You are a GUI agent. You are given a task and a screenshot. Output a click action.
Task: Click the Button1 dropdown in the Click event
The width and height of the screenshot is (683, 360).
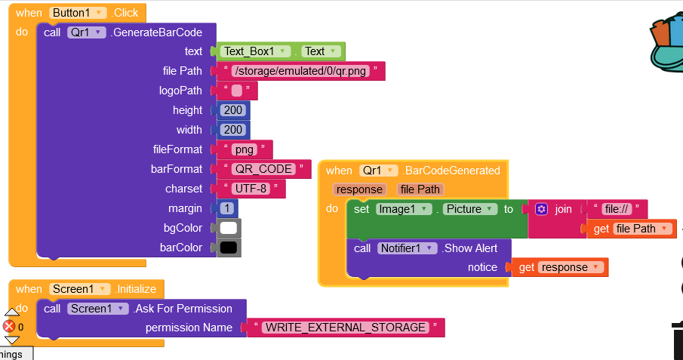click(x=78, y=13)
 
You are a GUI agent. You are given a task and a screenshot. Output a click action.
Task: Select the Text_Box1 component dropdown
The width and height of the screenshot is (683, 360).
click(x=257, y=51)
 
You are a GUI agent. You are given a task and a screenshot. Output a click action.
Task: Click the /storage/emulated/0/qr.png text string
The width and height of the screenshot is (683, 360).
click(x=300, y=71)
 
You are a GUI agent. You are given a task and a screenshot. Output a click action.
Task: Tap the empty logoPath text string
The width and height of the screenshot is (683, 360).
click(x=237, y=91)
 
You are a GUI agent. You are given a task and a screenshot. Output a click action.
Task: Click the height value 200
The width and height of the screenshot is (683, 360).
click(x=233, y=110)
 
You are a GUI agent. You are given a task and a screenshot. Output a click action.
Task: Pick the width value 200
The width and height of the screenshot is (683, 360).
click(x=233, y=130)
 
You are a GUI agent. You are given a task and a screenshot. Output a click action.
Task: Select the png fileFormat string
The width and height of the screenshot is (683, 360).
click(x=245, y=149)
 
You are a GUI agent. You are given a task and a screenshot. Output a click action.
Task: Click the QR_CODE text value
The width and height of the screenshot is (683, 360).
click(x=262, y=169)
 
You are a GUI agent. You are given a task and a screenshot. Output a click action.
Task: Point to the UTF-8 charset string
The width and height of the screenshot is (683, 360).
click(x=250, y=189)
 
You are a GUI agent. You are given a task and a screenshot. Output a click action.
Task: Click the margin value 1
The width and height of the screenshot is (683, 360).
click(x=226, y=208)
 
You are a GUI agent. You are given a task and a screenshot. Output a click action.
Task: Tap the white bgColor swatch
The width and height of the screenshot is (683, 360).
click(x=229, y=228)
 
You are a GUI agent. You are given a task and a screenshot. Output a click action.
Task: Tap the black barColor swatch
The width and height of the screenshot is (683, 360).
click(x=229, y=248)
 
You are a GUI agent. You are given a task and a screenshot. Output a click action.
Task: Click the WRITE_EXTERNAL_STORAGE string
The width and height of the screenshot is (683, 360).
click(x=345, y=328)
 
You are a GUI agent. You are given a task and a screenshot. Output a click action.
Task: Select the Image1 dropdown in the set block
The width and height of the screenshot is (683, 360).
click(x=403, y=209)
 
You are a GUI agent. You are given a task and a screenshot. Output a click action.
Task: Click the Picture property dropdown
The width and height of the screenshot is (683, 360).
click(x=470, y=209)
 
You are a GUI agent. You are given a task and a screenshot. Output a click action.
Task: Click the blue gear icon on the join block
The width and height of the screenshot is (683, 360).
click(x=541, y=209)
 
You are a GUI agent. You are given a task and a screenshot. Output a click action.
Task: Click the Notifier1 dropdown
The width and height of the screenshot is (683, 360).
click(x=407, y=248)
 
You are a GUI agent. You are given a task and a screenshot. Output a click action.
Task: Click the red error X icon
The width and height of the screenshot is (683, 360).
click(x=9, y=326)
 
